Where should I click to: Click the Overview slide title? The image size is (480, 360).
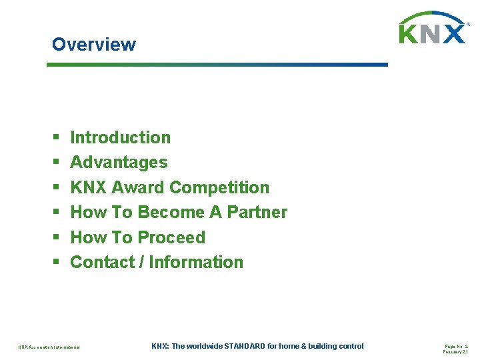pyautogui.click(x=93, y=45)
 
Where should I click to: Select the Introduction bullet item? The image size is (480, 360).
pyautogui.click(x=120, y=137)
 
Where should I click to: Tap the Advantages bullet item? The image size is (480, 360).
pyautogui.click(x=119, y=162)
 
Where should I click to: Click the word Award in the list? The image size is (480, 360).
pyautogui.click(x=141, y=187)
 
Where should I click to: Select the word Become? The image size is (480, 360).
pyautogui.click(x=170, y=212)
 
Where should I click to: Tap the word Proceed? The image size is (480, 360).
pyautogui.click(x=171, y=237)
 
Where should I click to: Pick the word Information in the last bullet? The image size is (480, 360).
pyautogui.click(x=196, y=262)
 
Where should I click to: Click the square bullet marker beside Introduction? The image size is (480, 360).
pyautogui.click(x=55, y=138)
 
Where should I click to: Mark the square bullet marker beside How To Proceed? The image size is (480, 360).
pyautogui.click(x=55, y=238)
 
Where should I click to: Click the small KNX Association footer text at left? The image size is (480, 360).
pyautogui.click(x=49, y=347)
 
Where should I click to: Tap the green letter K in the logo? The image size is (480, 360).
pyautogui.click(x=410, y=33)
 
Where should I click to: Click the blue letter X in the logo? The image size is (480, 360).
pyautogui.click(x=454, y=33)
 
